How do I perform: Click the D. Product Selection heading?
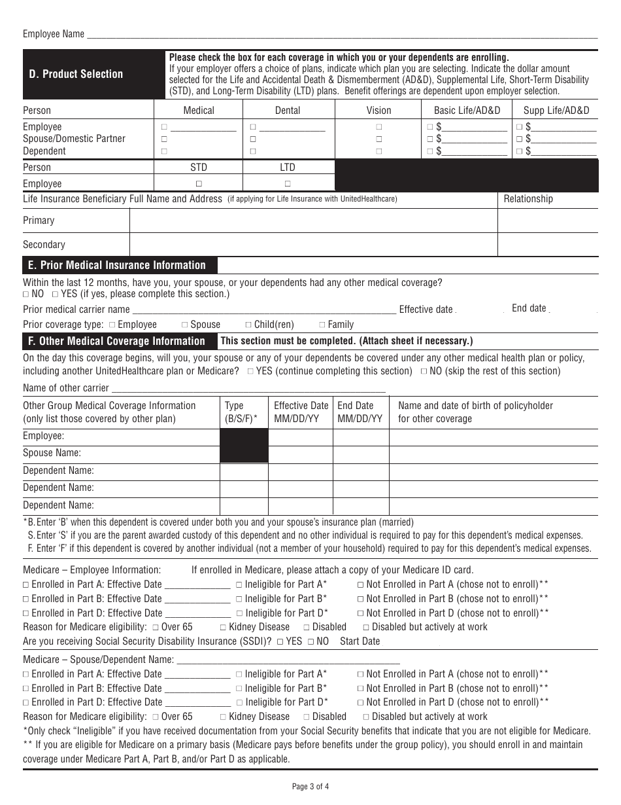(76, 74)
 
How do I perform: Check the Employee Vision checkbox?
(378, 127)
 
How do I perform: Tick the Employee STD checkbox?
(199, 184)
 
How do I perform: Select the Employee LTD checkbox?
(288, 184)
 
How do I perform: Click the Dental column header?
(288, 110)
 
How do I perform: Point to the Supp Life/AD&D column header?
(556, 110)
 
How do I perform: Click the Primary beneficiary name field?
(314, 221)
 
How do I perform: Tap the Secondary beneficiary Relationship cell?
(548, 244)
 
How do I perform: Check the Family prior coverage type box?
(322, 325)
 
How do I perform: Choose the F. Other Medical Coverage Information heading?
(115, 341)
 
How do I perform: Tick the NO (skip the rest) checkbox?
(424, 371)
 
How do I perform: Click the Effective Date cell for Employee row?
(301, 436)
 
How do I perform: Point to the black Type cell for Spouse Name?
(244, 453)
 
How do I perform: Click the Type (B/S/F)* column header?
(244, 412)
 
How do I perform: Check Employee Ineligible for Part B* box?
(239, 599)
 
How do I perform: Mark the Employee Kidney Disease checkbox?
(224, 627)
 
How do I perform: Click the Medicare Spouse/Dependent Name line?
(288, 660)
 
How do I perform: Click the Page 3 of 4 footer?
(310, 787)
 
